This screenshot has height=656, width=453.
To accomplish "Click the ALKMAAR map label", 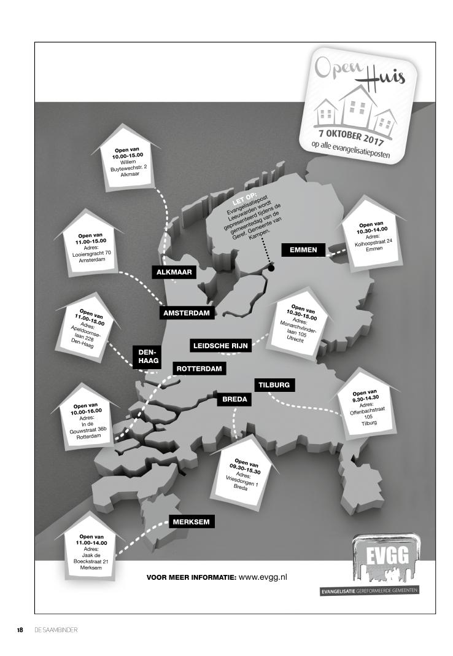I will point(175,273).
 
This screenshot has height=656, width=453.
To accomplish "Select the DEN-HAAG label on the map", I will point(147,356).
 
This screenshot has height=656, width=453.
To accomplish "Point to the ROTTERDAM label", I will point(199,369).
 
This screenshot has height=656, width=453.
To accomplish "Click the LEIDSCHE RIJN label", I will point(220,346).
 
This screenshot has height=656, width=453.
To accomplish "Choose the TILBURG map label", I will point(274,386).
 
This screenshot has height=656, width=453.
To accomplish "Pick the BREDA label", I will point(234,399).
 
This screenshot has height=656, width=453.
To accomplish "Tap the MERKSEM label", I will point(191,522).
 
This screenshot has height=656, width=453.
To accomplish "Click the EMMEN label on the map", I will point(303,250).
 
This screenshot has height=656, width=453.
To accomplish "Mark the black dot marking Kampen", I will point(271,268).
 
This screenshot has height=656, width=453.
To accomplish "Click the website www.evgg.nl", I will point(262,577).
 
